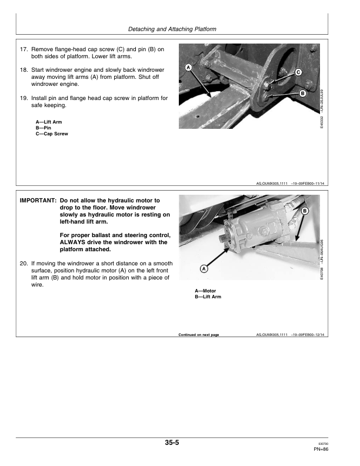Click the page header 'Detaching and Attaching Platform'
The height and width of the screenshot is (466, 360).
click(x=180, y=29)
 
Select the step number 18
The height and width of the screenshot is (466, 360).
click(x=24, y=69)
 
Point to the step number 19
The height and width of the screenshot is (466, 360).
click(x=24, y=98)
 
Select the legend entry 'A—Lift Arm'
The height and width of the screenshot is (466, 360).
click(x=49, y=122)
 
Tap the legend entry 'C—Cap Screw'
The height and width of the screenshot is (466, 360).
click(x=52, y=134)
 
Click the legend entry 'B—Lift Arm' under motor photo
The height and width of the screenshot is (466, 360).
click(x=208, y=297)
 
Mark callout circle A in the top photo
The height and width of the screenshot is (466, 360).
click(x=188, y=68)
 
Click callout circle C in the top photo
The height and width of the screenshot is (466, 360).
click(x=298, y=72)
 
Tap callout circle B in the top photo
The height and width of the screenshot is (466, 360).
click(x=302, y=94)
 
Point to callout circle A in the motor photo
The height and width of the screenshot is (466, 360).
click(x=204, y=269)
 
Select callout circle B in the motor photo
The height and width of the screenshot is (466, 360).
click(x=305, y=210)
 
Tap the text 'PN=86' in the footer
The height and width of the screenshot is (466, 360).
click(x=321, y=450)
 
